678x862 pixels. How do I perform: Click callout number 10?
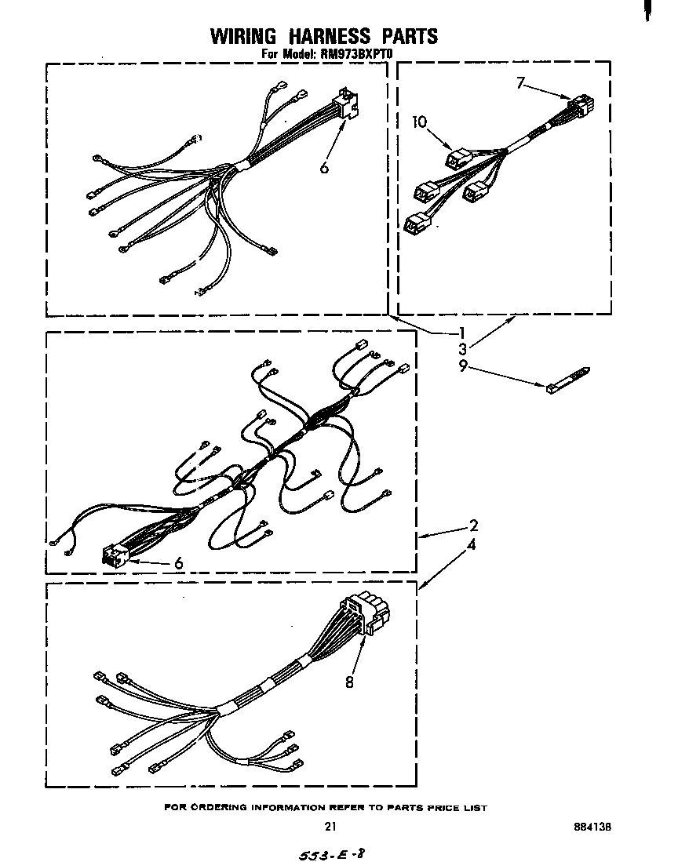click(x=419, y=122)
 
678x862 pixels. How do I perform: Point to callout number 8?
click(x=349, y=682)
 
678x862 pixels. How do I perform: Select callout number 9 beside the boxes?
click(x=463, y=365)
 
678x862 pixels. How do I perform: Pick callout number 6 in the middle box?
click(x=178, y=562)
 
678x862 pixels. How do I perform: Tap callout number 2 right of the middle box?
click(x=473, y=526)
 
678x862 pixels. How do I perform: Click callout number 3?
click(x=463, y=348)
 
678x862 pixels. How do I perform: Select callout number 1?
click(x=463, y=332)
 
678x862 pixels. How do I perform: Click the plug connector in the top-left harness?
click(x=345, y=105)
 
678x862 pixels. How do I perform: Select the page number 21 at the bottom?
click(x=330, y=826)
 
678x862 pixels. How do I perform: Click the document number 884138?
click(x=592, y=826)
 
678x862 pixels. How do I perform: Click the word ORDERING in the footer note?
click(x=217, y=807)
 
